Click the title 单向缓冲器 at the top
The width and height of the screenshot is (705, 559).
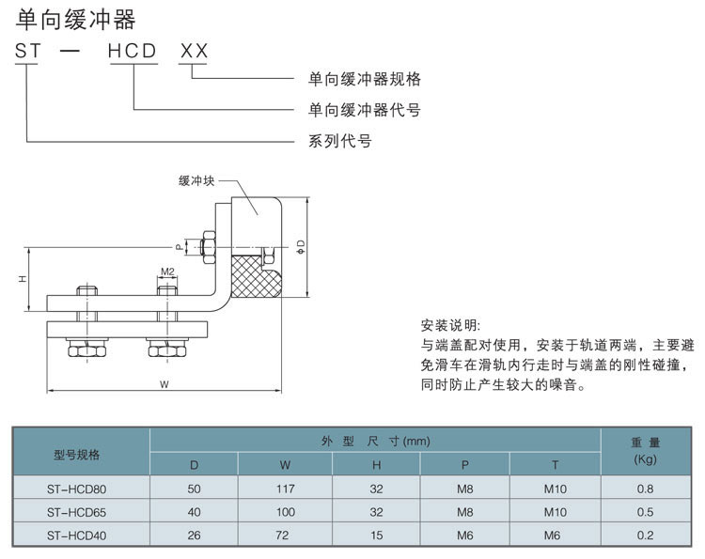point(75,19)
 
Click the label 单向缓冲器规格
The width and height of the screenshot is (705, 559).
point(365,79)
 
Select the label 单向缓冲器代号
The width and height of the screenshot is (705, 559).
point(365,110)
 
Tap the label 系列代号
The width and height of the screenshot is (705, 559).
point(339,142)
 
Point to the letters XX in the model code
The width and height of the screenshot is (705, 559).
point(194,52)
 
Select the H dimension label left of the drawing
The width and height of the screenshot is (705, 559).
point(21,279)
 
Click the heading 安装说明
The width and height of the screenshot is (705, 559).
point(450,325)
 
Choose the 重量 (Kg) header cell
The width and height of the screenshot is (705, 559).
point(645,451)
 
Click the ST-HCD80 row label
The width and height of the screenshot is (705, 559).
point(77,489)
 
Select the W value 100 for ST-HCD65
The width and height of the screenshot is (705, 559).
point(286,512)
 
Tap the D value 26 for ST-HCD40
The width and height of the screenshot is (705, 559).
point(195,536)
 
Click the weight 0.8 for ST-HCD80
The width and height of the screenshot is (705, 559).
point(645,489)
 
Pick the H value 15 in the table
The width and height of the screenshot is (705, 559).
point(375,536)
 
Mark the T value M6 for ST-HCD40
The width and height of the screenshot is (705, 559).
point(556,536)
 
